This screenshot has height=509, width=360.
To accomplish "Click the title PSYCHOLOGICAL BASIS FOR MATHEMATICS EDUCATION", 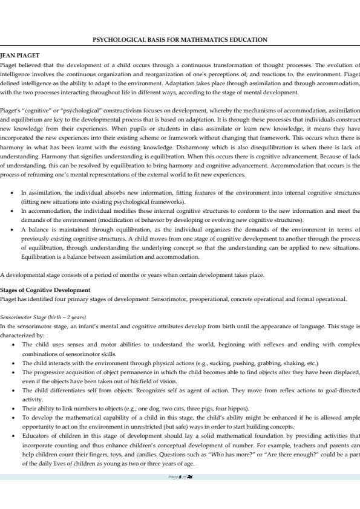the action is [180, 40].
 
